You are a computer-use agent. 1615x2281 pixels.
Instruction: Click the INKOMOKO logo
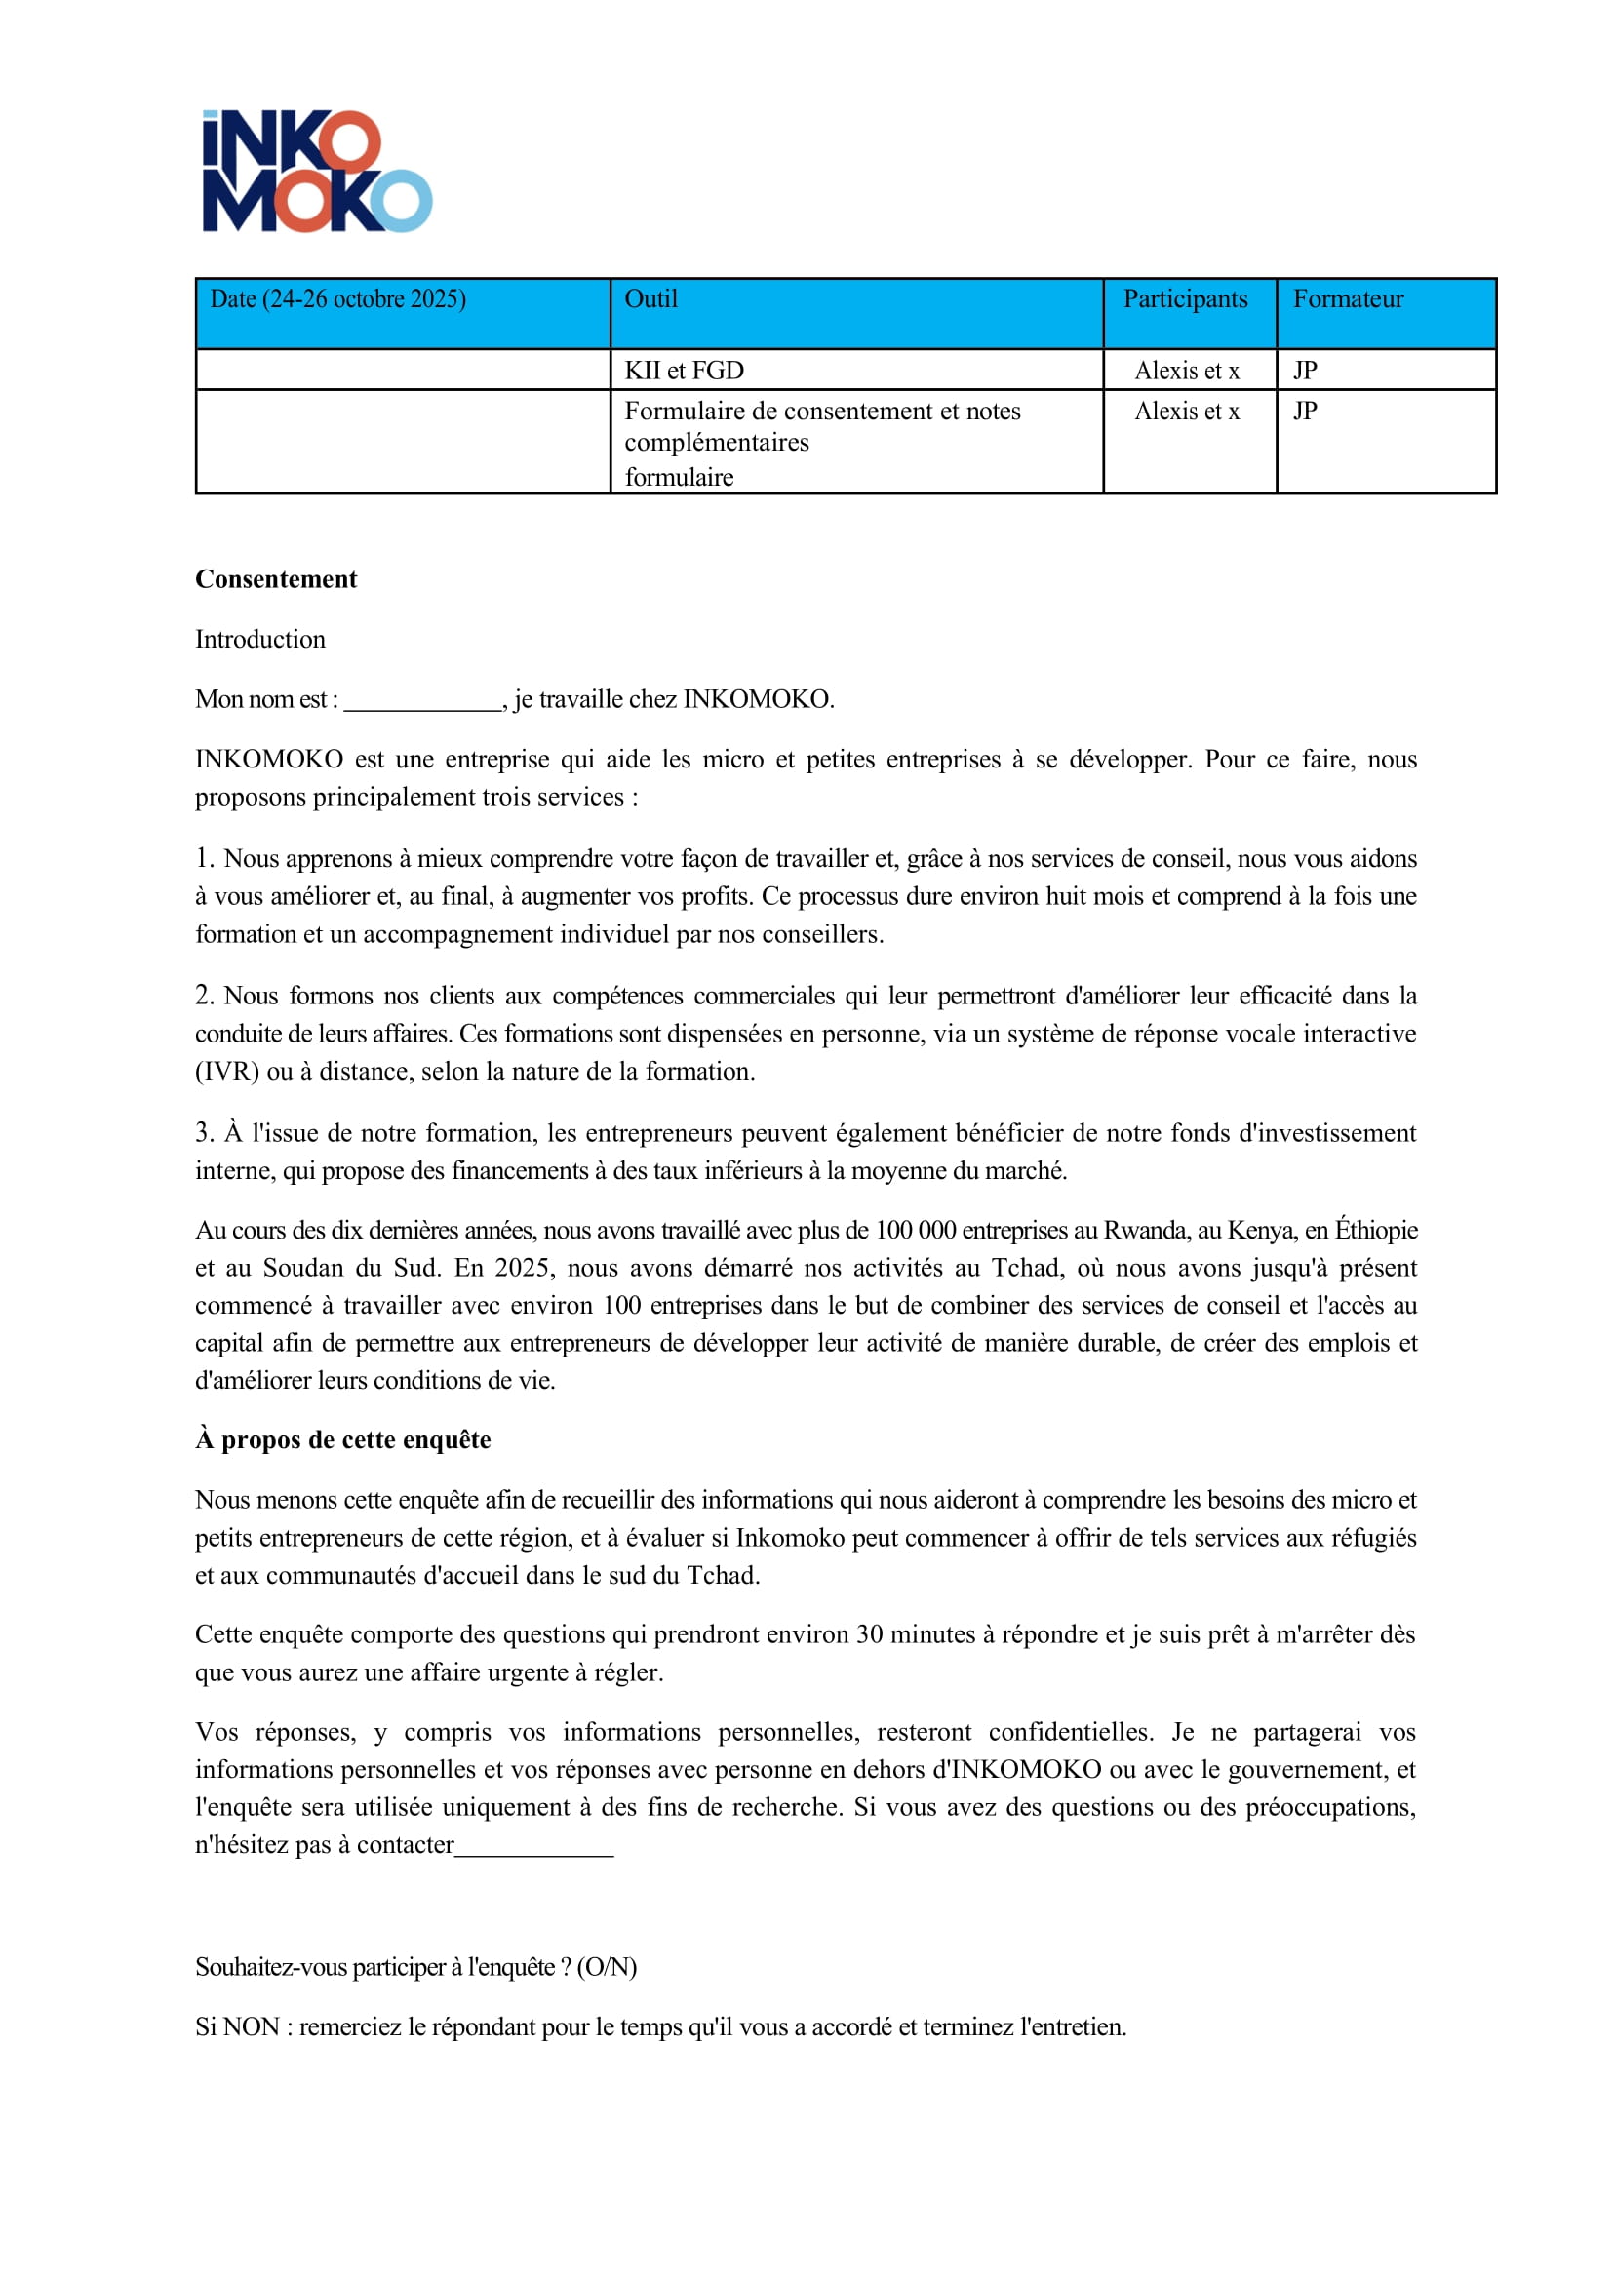(316, 171)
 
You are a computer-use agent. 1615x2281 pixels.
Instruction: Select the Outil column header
(650, 299)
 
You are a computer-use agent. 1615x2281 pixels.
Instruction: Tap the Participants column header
(1184, 299)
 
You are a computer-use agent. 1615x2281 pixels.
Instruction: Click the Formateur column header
(1348, 299)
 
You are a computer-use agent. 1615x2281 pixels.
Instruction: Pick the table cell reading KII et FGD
(685, 371)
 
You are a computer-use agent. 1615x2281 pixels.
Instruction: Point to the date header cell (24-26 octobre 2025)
(338, 299)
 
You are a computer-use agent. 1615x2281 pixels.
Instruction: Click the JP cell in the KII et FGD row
(1305, 371)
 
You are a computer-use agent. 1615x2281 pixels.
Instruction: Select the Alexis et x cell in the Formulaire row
(1187, 412)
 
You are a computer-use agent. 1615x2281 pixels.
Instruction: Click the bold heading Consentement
(275, 579)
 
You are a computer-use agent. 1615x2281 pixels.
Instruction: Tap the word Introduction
(259, 640)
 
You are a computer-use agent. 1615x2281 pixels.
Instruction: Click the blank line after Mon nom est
(422, 702)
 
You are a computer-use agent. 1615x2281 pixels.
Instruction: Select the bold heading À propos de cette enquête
(342, 1439)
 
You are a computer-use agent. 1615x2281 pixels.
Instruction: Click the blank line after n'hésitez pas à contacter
(534, 1847)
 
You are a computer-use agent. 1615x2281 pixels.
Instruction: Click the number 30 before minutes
(869, 1634)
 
